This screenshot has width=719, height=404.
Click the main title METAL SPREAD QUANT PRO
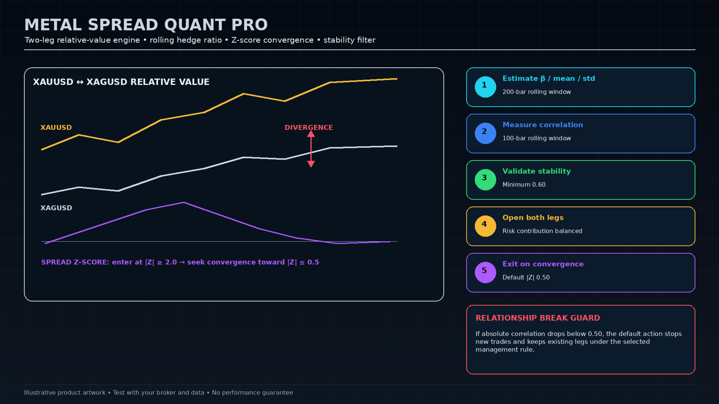pos(146,25)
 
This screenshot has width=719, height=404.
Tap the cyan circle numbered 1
pos(485,87)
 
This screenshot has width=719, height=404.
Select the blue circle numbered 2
pos(485,133)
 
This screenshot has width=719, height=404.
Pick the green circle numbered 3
pos(485,180)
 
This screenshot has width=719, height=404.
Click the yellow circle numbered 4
pos(485,226)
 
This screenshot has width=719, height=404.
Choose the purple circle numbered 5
pos(485,272)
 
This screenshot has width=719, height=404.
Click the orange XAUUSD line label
pos(56,128)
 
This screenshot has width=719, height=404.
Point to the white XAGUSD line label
pos(56,208)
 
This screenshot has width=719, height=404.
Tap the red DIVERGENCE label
pos(309,128)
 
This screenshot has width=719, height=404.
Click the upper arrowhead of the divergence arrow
pos(311,134)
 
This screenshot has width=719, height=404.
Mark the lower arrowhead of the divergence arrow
pos(311,164)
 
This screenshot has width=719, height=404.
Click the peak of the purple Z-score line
pos(184,202)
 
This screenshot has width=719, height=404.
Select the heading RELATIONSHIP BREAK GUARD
pos(538,318)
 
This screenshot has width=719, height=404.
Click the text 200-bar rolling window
pos(537,92)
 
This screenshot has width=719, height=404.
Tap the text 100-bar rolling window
pos(537,138)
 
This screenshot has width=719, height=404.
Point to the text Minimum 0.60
pos(524,185)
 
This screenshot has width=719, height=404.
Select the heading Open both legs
pos(533,218)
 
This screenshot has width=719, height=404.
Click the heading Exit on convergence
pos(543,264)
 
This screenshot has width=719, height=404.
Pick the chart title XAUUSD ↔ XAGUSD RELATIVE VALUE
pos(121,82)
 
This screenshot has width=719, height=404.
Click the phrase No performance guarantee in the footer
pos(252,392)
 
